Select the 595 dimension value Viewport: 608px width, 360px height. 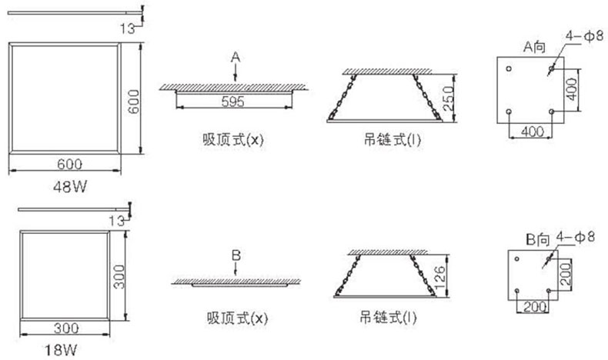point(235,100)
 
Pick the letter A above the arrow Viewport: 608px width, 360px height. point(236,56)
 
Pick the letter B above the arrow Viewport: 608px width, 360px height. point(236,253)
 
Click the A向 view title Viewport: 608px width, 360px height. point(534,47)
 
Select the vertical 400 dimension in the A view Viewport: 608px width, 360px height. point(570,90)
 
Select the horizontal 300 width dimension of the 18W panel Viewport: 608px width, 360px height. point(68,328)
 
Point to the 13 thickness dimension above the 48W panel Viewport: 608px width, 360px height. point(128,28)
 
